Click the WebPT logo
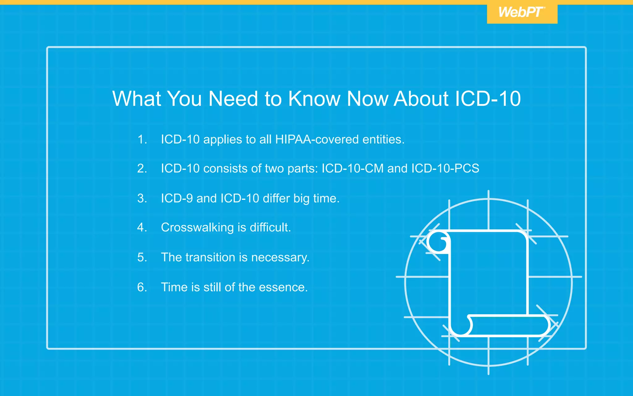[522, 12]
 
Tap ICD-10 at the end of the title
[488, 99]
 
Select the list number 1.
[142, 140]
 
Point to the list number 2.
[142, 169]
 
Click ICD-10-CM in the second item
[352, 169]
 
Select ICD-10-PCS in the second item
[445, 169]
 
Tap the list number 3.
[142, 198]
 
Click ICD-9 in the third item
[177, 198]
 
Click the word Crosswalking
[198, 228]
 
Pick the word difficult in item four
[270, 227]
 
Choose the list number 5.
[142, 257]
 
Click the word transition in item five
[210, 257]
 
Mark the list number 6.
[142, 287]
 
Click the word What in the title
[137, 99]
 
